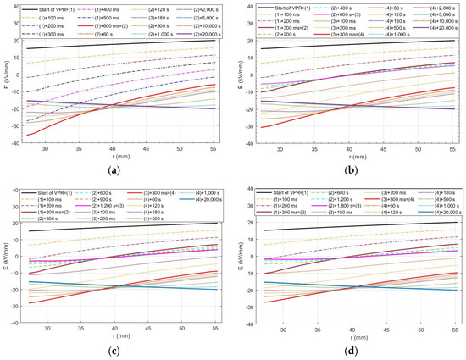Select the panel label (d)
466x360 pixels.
click(x=350, y=351)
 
